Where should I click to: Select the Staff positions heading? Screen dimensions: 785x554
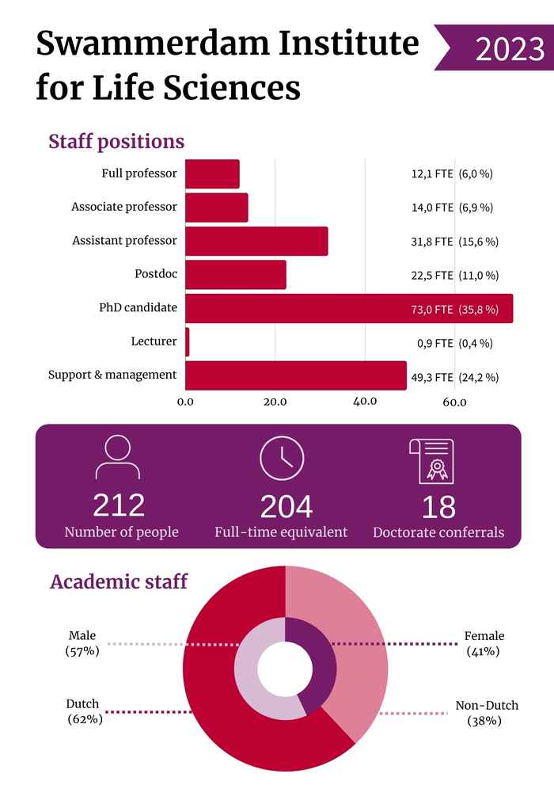point(116,142)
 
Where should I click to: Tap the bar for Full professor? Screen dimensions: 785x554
point(212,173)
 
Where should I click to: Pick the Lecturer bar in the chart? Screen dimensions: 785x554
point(188,342)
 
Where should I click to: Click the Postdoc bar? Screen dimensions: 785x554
point(235,275)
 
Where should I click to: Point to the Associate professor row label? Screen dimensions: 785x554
point(124,208)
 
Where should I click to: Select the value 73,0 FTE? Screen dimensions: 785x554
point(431,309)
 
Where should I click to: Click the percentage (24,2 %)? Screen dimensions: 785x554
point(478,377)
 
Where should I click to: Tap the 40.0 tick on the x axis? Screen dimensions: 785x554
point(365,402)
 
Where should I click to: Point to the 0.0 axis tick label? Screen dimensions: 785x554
point(185,402)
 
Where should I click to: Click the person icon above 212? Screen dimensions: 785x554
point(118,457)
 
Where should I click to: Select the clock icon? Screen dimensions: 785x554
point(282,458)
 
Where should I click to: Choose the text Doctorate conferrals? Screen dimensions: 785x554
point(438,532)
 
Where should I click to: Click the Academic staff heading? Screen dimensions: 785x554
point(119,582)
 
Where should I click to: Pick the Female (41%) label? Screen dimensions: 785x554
point(484,643)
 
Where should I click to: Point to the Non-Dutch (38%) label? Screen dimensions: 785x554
point(487,713)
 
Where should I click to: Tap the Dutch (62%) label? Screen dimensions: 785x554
point(83,711)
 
